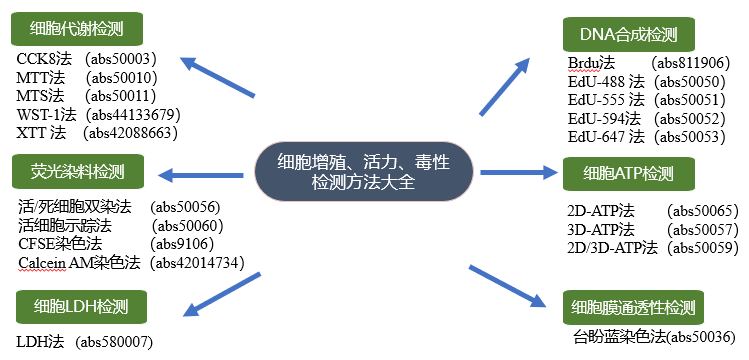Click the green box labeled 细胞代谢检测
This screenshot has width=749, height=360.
[77, 28]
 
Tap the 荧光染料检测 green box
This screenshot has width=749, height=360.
[77, 172]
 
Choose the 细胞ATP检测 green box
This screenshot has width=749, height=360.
[629, 174]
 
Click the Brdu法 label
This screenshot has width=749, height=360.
[590, 63]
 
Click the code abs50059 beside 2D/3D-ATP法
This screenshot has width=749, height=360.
[701, 247]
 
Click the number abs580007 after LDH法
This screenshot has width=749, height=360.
[119, 341]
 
